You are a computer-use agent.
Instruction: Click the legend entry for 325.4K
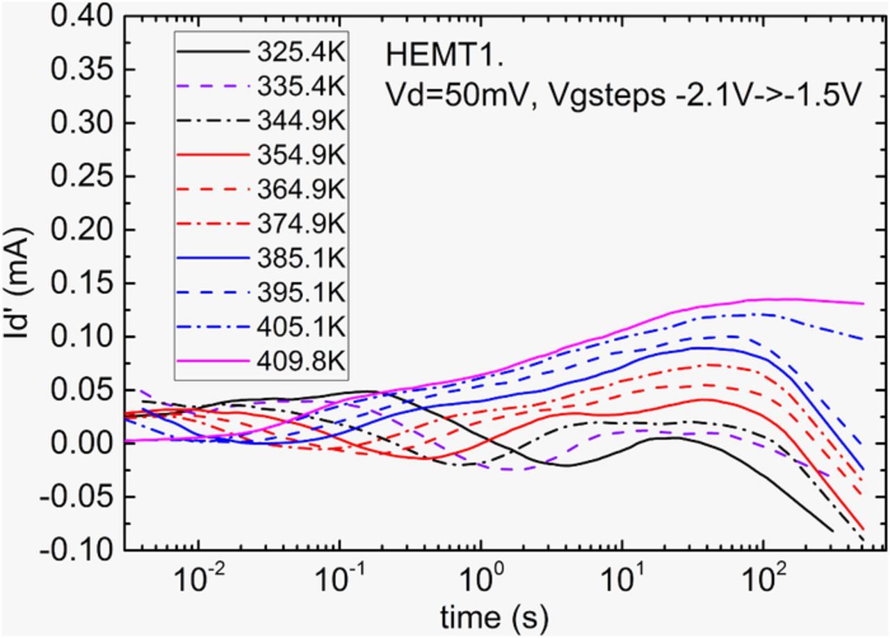click(x=300, y=52)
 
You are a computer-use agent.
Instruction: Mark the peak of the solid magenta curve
click(x=786, y=299)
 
